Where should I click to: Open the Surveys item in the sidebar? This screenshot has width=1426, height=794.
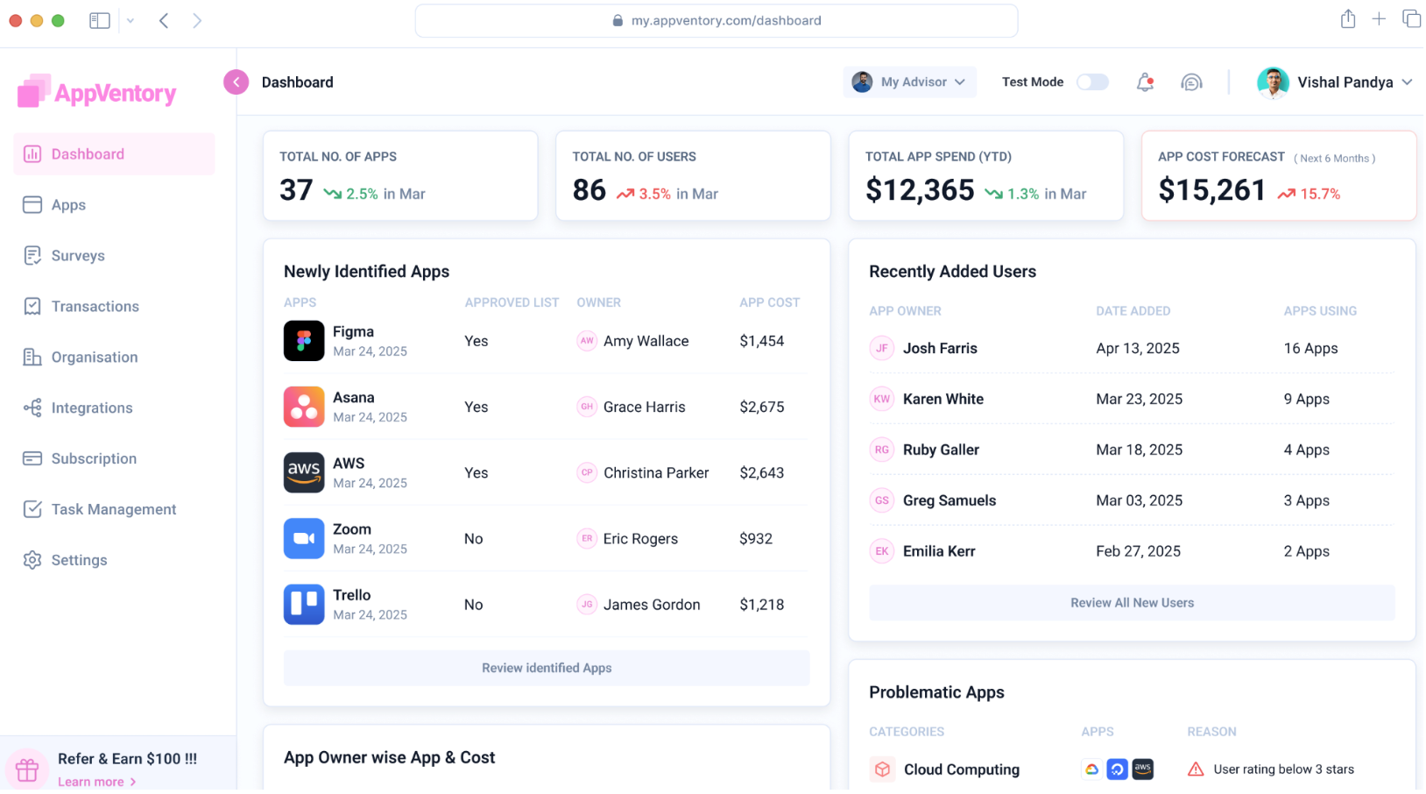tap(77, 256)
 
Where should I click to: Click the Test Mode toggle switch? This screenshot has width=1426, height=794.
tap(1092, 82)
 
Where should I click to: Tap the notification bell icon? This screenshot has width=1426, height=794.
tap(1145, 82)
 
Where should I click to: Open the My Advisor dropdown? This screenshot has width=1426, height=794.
tap(910, 82)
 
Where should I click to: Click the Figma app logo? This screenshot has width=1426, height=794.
tap(304, 341)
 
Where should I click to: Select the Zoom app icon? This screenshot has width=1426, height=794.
tap(304, 539)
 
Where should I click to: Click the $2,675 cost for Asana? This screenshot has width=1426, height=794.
tap(761, 408)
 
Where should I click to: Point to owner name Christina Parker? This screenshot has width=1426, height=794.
tap(655, 473)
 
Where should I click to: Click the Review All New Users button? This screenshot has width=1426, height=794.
tap(1132, 603)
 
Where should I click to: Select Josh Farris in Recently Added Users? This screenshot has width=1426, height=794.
tap(940, 349)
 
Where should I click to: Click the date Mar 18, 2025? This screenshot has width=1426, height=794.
tap(1139, 450)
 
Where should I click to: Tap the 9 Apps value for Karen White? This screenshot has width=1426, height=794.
tap(1306, 400)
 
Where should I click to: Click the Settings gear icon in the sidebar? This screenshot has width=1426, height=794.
tap(32, 560)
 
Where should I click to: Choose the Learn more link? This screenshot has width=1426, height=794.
tap(91, 782)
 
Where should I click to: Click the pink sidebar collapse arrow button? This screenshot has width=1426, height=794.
tap(236, 82)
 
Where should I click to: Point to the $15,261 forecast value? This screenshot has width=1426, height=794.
tap(1211, 190)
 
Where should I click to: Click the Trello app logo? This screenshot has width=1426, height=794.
tap(304, 605)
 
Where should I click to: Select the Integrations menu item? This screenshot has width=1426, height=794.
tap(91, 408)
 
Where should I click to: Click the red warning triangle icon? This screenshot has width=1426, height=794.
tap(1196, 769)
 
